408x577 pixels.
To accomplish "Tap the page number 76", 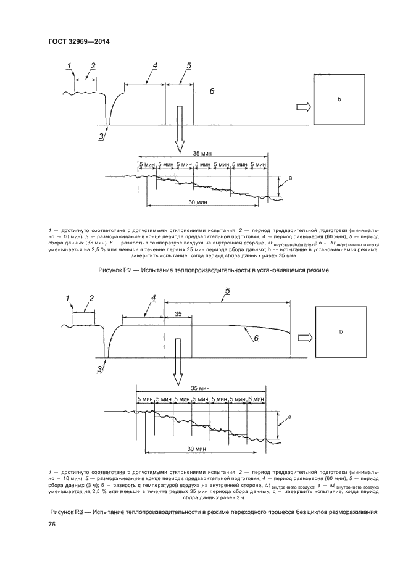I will coord(52,523).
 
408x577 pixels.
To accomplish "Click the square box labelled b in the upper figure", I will coord(338,99).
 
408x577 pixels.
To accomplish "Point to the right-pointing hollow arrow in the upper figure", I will coord(303,107).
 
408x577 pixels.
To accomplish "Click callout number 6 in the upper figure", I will coord(211,91).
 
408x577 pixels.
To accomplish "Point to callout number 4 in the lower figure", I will coord(152,298).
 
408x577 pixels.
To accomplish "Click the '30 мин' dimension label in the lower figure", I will coord(196,449).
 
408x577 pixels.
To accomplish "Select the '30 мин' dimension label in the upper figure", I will coord(198,202).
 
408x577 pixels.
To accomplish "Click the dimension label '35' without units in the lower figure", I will coord(178,314).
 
